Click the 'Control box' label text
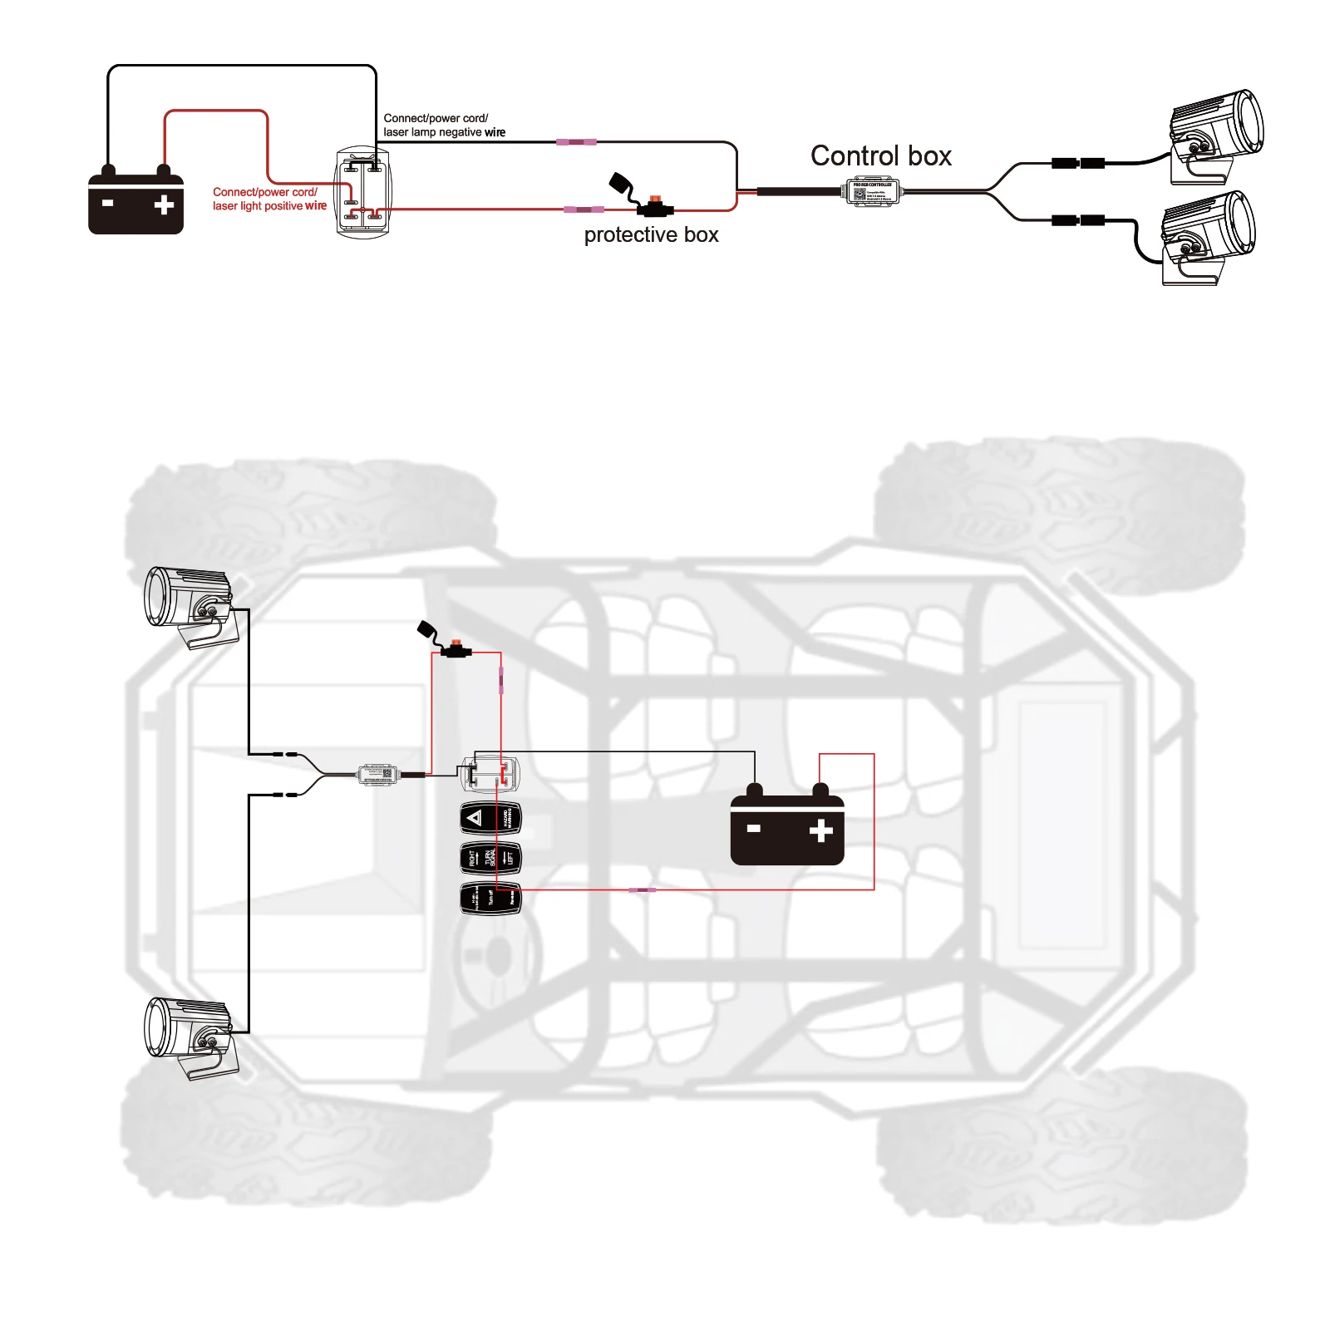tap(880, 156)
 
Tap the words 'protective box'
tap(651, 235)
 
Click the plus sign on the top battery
tap(164, 204)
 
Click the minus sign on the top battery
tap(107, 203)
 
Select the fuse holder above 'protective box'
tap(654, 206)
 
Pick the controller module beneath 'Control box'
tap(871, 192)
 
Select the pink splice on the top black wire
tap(576, 142)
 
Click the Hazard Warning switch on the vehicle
tap(490, 818)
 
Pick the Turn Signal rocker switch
tap(490, 858)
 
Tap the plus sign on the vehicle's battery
tap(820, 830)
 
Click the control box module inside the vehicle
tap(380, 775)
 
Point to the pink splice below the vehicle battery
tap(641, 890)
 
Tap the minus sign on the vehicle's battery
tap(754, 829)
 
